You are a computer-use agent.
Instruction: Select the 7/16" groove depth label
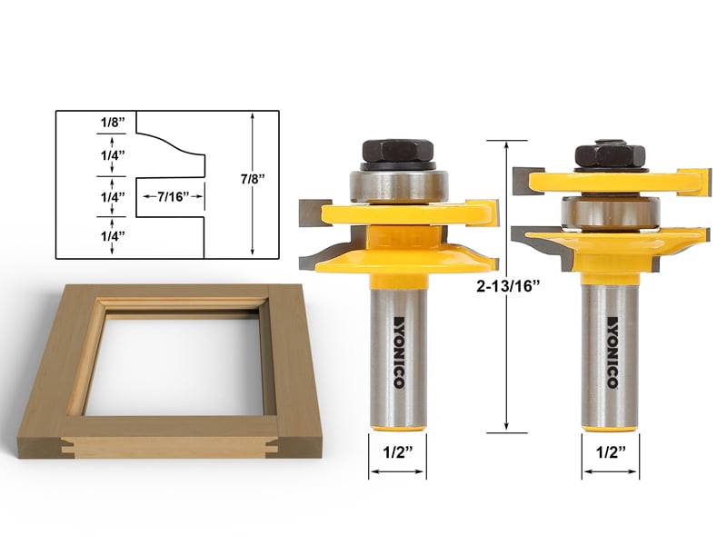click(x=170, y=196)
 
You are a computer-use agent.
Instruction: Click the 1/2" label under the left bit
click(x=396, y=451)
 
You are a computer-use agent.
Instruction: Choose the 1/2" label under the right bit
click(x=610, y=451)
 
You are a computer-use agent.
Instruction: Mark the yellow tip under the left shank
click(x=397, y=421)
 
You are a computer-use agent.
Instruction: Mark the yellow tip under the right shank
click(x=610, y=421)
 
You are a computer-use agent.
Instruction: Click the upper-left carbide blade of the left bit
click(x=314, y=213)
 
